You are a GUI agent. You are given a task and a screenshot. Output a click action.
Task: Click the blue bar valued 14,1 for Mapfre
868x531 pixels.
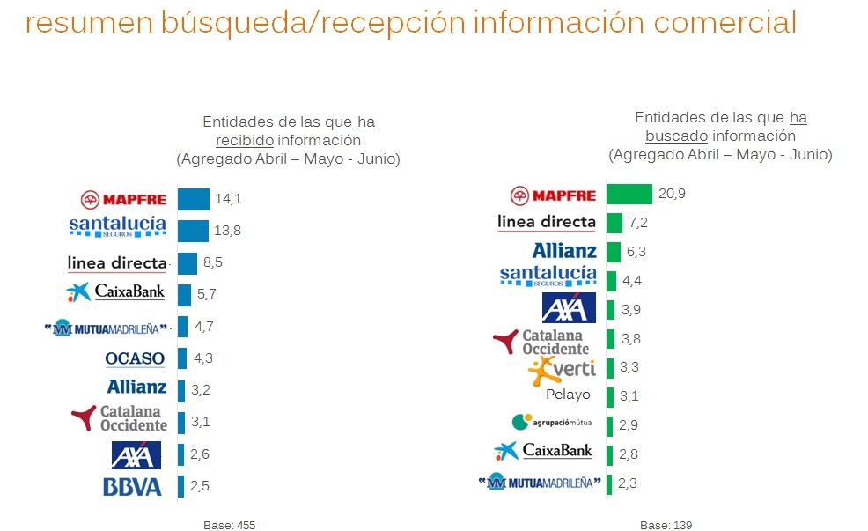click(193, 199)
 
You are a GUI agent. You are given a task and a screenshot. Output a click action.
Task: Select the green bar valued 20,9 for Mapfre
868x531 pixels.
click(629, 195)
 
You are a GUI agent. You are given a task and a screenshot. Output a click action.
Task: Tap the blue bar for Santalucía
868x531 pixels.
click(193, 231)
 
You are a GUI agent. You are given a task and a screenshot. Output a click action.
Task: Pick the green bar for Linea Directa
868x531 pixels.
click(614, 223)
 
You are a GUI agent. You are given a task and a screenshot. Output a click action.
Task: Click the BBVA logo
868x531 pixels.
click(132, 486)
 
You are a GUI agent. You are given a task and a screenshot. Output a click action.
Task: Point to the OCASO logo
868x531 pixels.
click(135, 358)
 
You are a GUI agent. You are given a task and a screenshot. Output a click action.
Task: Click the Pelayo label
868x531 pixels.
click(568, 395)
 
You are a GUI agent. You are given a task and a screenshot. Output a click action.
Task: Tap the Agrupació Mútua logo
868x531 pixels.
click(552, 423)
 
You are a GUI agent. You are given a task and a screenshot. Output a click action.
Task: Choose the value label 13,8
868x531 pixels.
click(227, 231)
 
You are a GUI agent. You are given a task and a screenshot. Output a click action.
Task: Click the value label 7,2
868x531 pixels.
click(637, 223)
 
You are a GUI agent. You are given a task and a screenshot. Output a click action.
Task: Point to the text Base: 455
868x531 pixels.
click(229, 526)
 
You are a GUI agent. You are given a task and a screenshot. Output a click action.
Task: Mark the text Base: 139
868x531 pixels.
click(666, 526)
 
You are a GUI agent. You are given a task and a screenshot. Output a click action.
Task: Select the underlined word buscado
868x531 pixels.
click(676, 136)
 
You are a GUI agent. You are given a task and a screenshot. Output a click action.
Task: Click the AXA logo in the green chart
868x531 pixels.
click(569, 307)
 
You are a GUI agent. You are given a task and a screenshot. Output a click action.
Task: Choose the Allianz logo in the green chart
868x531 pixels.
click(564, 251)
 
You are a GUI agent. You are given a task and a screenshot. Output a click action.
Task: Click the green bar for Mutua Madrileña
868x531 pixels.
click(609, 483)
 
